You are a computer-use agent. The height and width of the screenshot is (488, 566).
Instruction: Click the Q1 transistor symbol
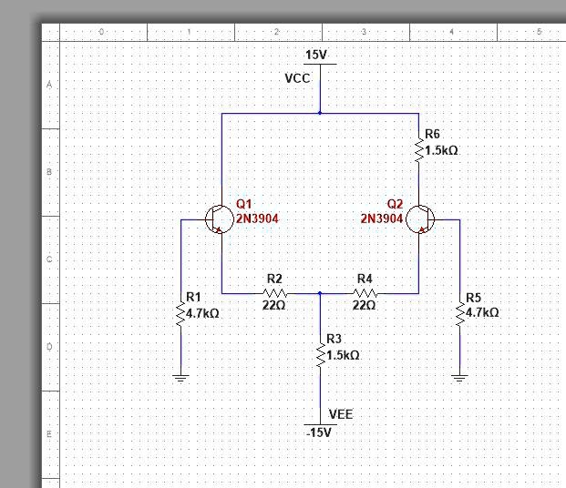[x=218, y=219]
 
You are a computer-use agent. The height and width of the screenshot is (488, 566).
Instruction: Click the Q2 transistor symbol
[x=421, y=219]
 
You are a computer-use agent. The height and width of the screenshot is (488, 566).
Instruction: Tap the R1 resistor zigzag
[x=180, y=313]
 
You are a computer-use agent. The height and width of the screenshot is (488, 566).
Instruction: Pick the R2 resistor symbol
[x=274, y=293]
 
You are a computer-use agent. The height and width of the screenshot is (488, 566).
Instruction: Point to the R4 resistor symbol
[x=365, y=293]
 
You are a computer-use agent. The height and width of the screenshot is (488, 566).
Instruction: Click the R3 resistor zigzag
[x=320, y=356]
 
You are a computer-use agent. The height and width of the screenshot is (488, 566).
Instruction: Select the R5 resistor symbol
[x=459, y=313]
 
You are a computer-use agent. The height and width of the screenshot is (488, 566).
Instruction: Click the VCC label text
[x=297, y=78]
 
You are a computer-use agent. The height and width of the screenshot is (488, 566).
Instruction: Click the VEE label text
[x=340, y=414]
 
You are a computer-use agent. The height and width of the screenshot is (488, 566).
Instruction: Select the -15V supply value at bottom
[x=320, y=432]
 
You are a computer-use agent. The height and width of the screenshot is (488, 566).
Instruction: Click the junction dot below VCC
[x=320, y=113]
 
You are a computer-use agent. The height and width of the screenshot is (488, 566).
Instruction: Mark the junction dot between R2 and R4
[x=320, y=293]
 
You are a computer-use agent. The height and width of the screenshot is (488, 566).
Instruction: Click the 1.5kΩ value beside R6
[x=441, y=149]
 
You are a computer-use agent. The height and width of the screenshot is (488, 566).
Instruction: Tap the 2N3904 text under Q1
[x=257, y=219]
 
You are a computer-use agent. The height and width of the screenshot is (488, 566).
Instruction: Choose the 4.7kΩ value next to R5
[x=482, y=312]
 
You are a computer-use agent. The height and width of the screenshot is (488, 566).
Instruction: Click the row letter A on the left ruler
[x=50, y=85]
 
